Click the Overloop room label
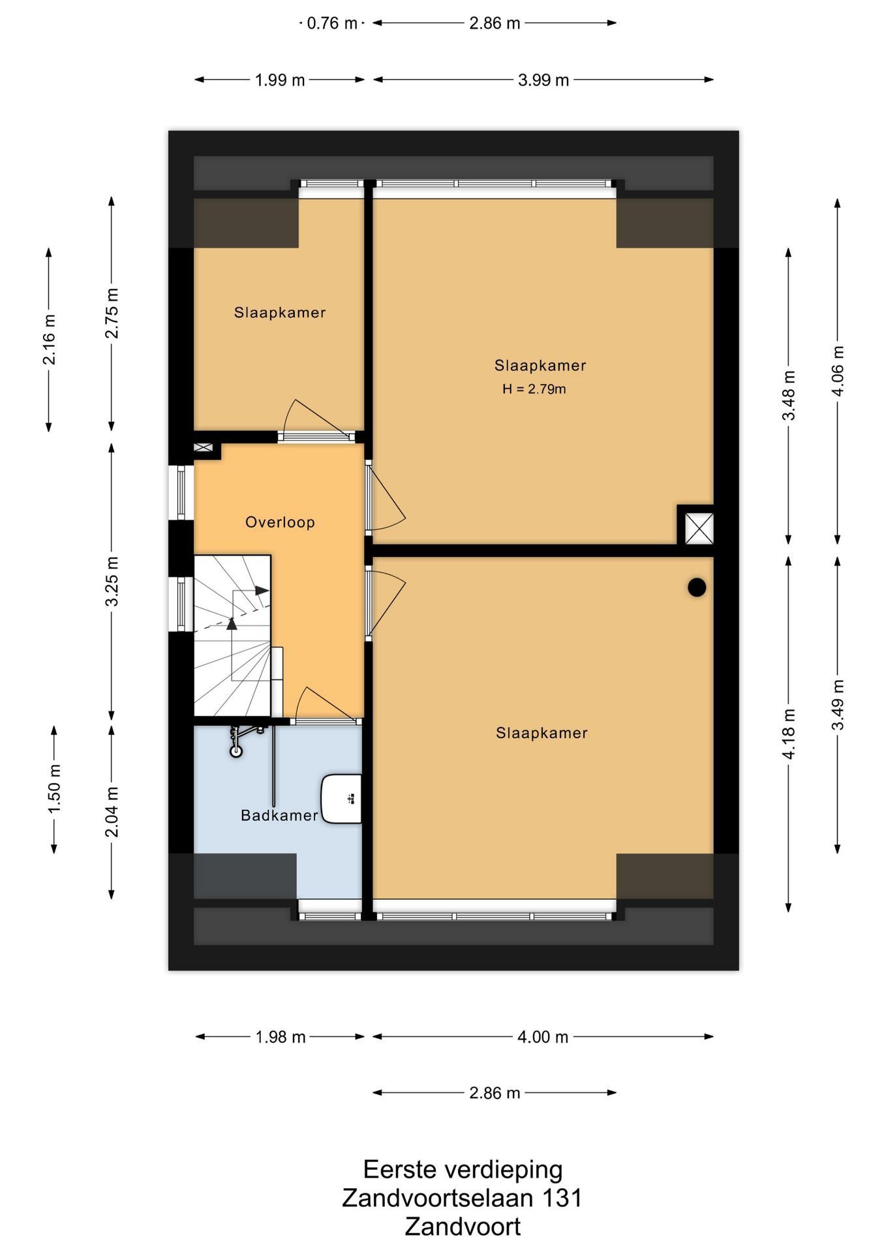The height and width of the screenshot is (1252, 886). (x=280, y=522)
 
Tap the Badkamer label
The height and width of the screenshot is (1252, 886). (x=279, y=815)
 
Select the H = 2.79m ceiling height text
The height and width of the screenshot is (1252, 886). (x=534, y=389)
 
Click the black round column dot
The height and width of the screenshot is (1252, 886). (x=697, y=588)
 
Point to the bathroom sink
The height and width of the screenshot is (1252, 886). (x=342, y=799)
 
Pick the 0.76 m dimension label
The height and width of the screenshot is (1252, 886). (x=332, y=23)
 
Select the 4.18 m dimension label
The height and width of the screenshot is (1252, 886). (x=789, y=734)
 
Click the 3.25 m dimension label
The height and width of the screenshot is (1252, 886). (x=112, y=581)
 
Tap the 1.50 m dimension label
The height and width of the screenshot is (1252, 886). (x=54, y=789)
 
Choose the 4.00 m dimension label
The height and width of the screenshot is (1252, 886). (x=543, y=1037)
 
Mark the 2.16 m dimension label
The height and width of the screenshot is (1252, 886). (x=49, y=340)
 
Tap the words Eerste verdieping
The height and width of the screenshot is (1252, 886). (x=463, y=1169)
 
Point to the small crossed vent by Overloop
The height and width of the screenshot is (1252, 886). (x=203, y=447)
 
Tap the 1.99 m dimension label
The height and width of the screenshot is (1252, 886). (x=280, y=80)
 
